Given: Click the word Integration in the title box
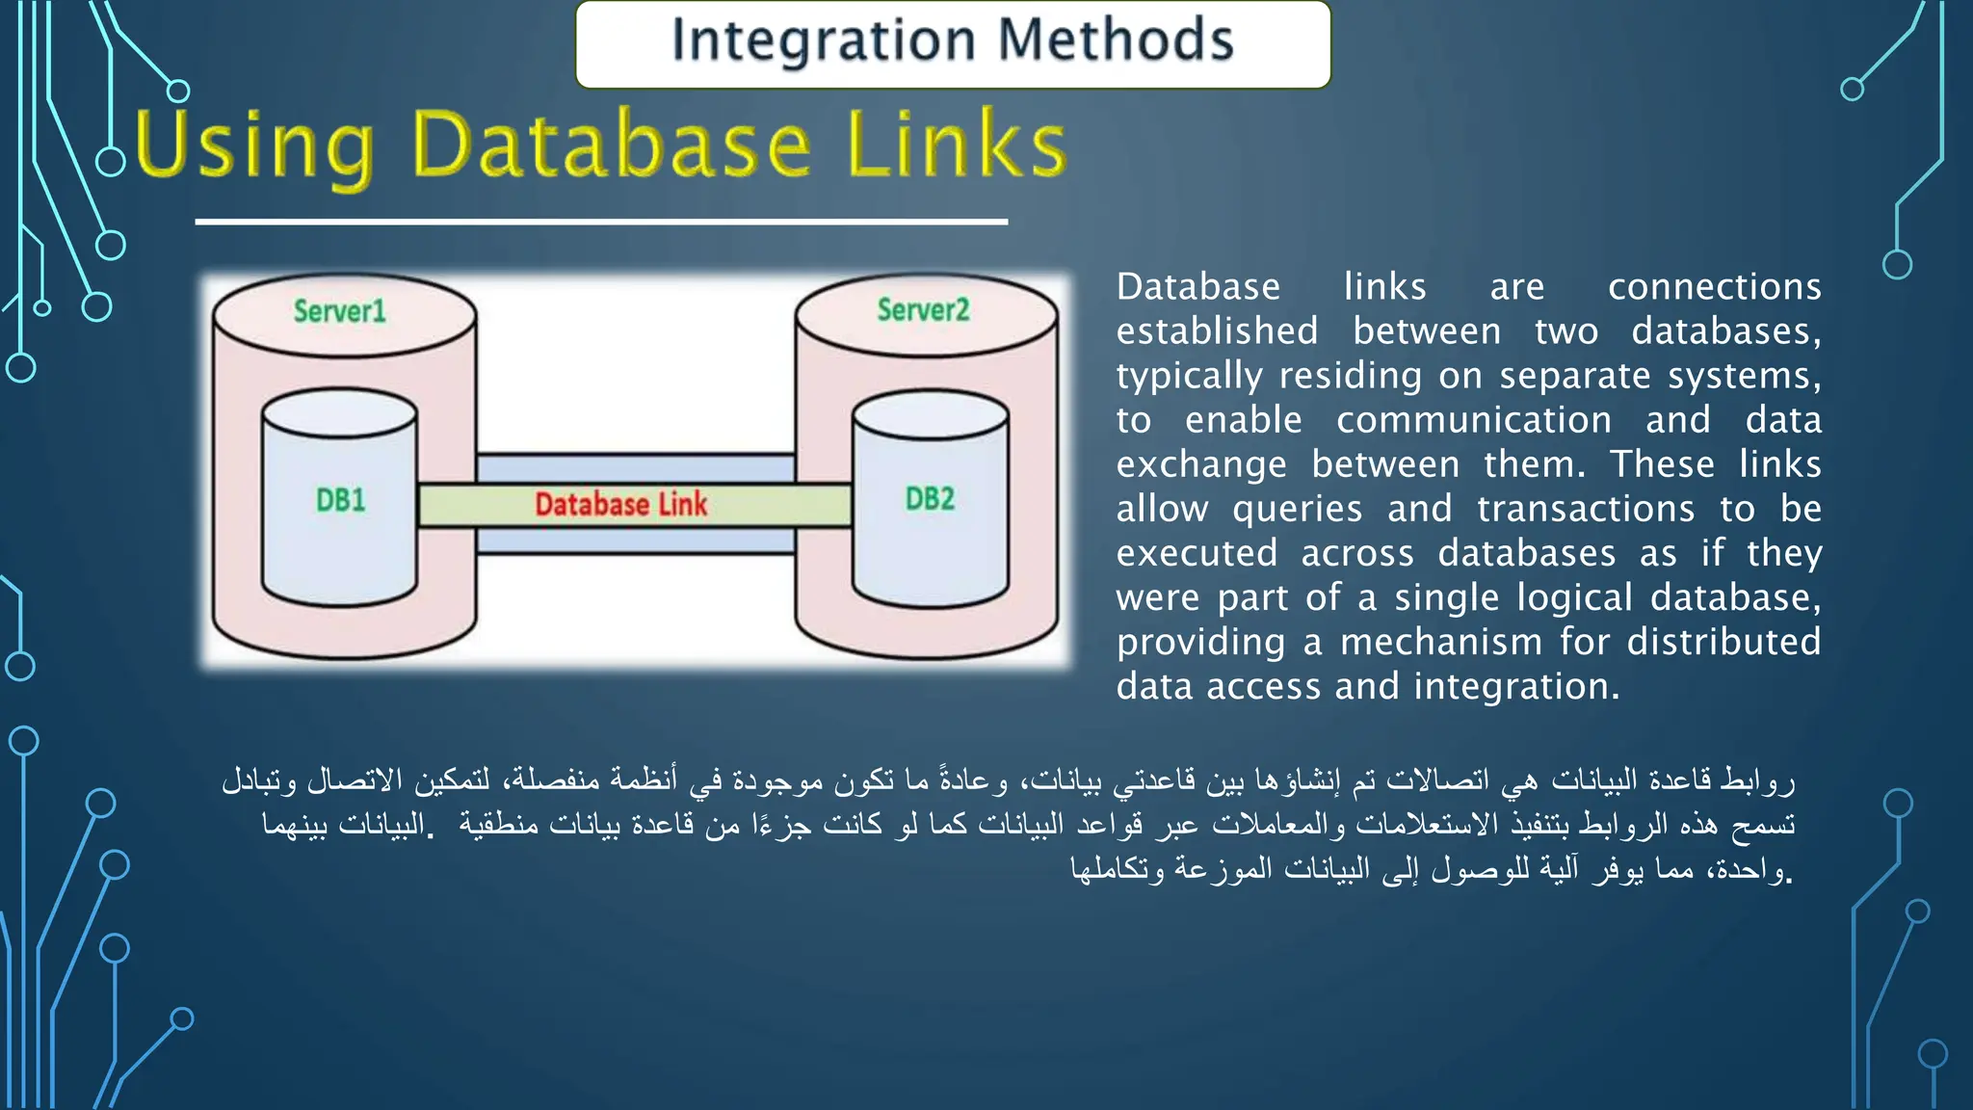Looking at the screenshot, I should pyautogui.click(x=823, y=40).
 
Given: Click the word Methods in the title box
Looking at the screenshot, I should pyautogui.click(x=1115, y=40).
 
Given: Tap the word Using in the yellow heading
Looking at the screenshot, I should pyautogui.click(x=253, y=146).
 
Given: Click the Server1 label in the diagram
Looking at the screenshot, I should pyautogui.click(x=339, y=311).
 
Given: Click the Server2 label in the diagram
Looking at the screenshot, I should pyautogui.click(x=922, y=310).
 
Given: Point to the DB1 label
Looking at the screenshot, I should pyautogui.click(x=340, y=500).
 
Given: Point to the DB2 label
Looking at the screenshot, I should pyautogui.click(x=929, y=499).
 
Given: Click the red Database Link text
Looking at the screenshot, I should pyautogui.click(x=620, y=504).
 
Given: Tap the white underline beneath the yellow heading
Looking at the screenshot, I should pyautogui.click(x=601, y=222).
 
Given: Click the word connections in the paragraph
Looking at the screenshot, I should pyautogui.click(x=1714, y=287).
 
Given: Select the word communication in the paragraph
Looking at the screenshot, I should pyautogui.click(x=1473, y=420).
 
